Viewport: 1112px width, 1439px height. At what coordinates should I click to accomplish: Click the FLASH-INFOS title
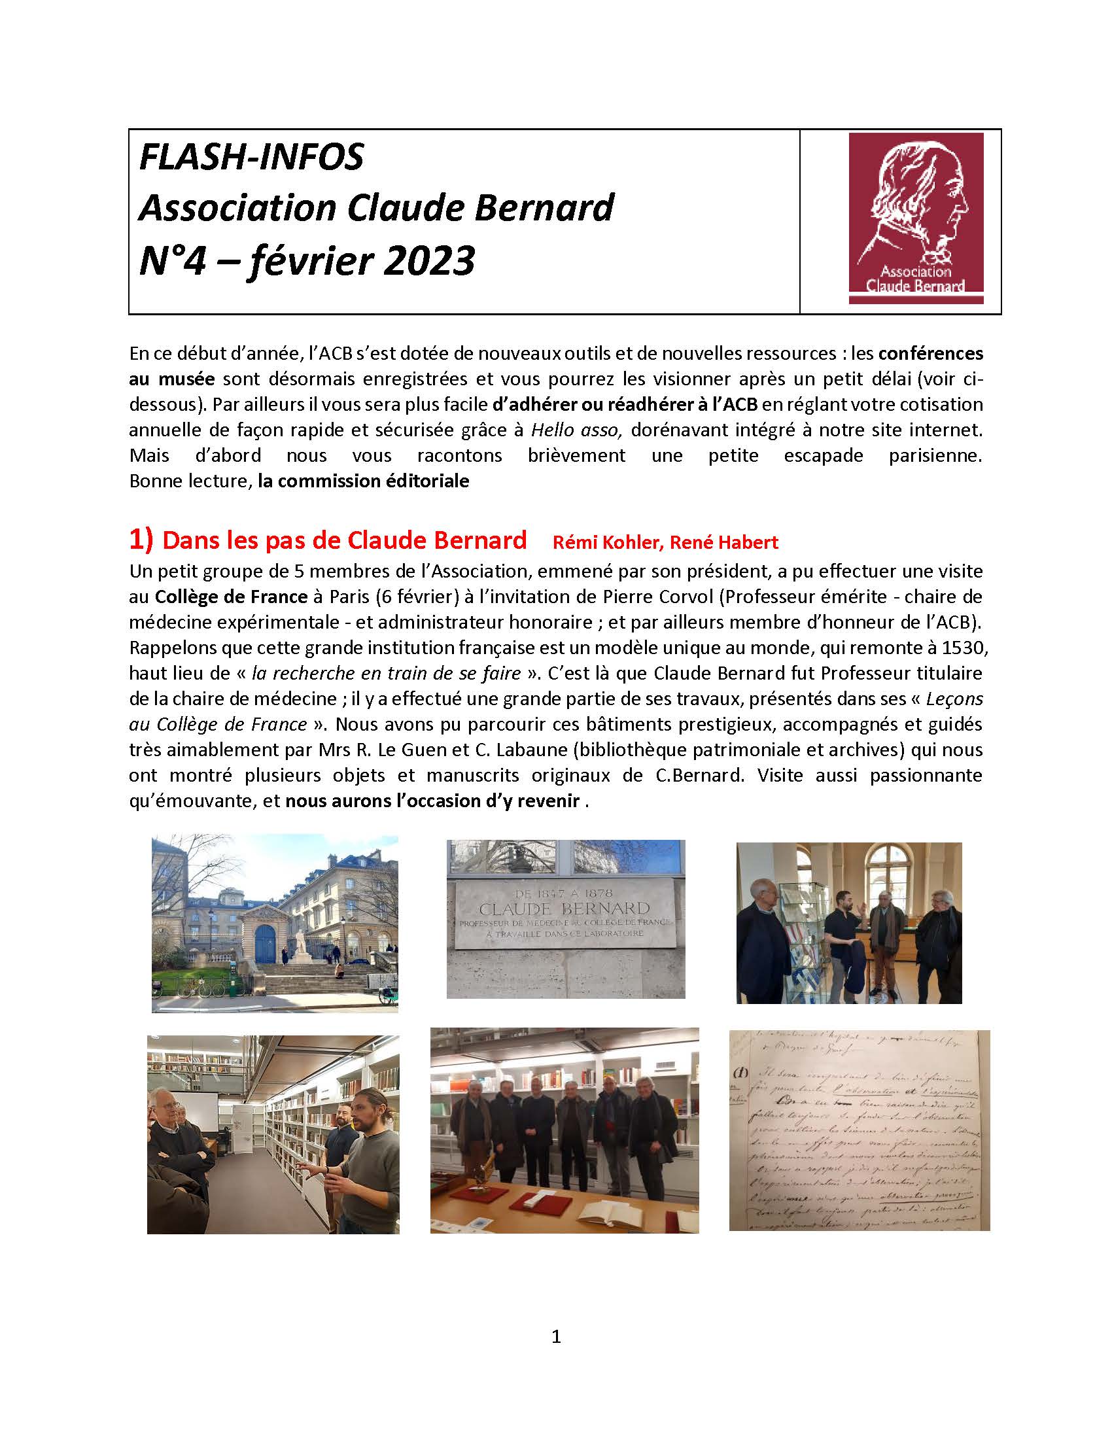point(251,158)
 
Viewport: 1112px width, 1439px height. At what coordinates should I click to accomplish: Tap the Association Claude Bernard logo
point(916,217)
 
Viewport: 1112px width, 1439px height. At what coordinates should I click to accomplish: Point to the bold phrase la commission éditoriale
point(364,481)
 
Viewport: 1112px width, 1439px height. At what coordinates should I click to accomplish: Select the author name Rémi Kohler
point(606,542)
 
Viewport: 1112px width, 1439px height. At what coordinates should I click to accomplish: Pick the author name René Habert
point(724,542)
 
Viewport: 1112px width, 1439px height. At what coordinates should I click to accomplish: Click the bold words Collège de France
point(231,597)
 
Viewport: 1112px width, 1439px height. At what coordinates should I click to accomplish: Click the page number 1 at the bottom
point(556,1337)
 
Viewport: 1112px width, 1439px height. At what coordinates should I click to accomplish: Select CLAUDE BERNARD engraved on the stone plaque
point(565,907)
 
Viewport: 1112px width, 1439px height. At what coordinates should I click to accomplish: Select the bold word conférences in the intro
point(930,354)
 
